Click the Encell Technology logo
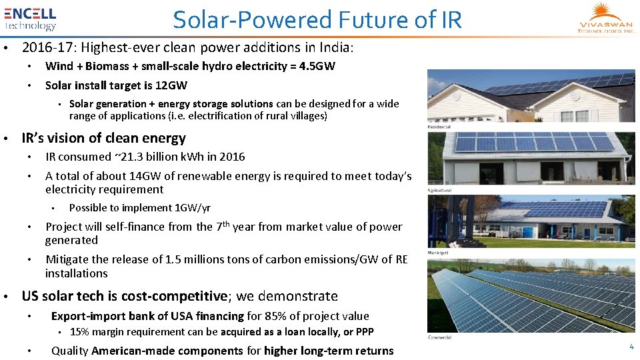point(31,19)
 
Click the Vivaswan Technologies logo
point(606,19)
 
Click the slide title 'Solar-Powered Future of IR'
point(317,20)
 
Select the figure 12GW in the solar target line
point(172,85)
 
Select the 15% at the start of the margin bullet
point(79,332)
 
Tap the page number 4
point(631,347)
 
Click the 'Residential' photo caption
point(439,127)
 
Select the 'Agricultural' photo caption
point(440,190)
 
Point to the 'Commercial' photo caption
point(440,337)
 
